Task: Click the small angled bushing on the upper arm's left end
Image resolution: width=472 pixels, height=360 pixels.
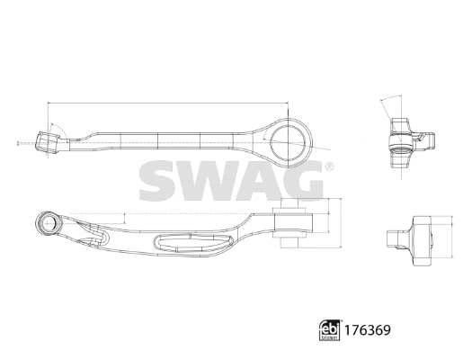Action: [x=48, y=141]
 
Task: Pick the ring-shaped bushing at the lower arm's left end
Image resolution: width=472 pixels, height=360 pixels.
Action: [x=47, y=220]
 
